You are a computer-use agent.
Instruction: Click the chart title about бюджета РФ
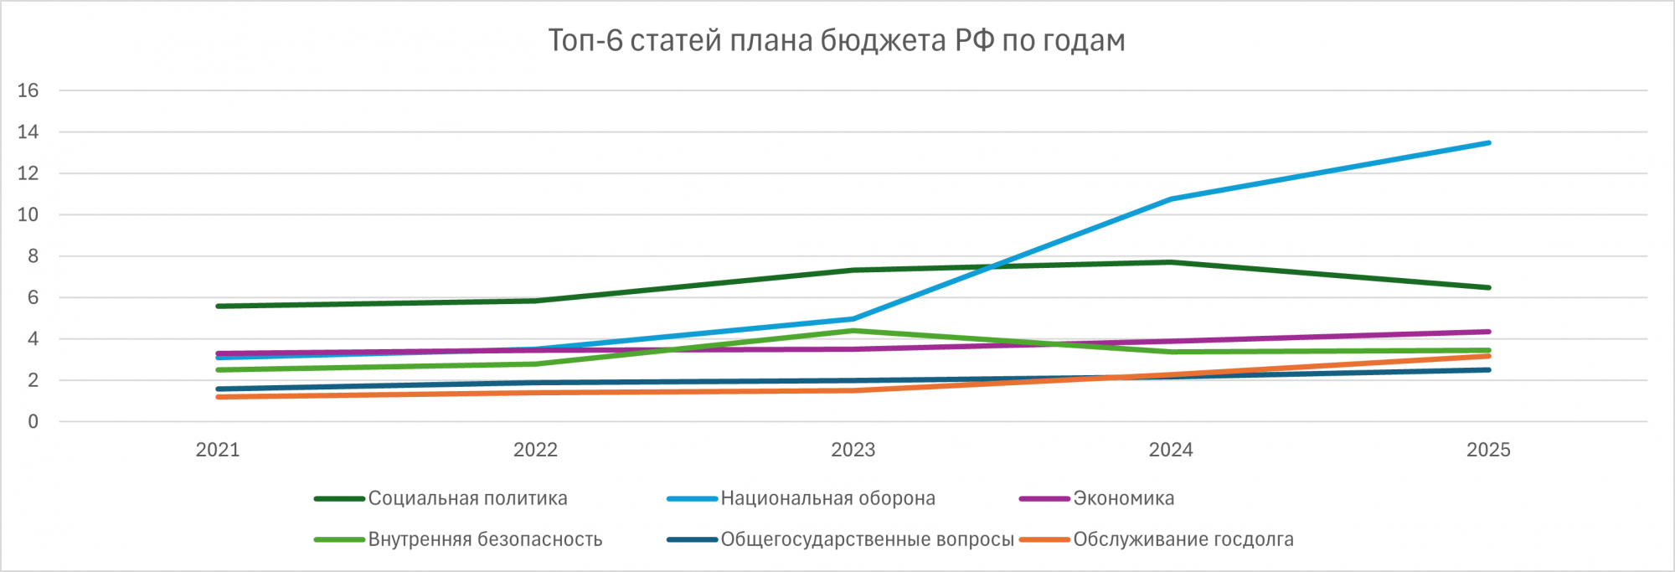click(836, 41)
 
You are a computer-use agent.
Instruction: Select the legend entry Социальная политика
click(467, 498)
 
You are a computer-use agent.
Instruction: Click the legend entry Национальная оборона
click(827, 498)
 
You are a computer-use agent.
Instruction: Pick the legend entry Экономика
click(1123, 498)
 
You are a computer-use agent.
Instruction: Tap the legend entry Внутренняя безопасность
click(485, 539)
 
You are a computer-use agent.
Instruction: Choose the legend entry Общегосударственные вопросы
click(867, 539)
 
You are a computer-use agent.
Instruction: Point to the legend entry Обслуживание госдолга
click(1183, 539)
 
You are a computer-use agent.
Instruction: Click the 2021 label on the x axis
click(218, 450)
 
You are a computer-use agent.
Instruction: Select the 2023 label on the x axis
click(853, 450)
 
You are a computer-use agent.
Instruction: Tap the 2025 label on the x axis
click(1488, 450)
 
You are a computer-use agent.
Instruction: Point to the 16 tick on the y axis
click(28, 90)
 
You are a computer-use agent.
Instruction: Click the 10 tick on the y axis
click(28, 214)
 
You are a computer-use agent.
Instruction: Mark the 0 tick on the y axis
click(33, 421)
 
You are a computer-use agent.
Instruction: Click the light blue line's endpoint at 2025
click(1488, 143)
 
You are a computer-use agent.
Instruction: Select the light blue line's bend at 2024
click(1171, 199)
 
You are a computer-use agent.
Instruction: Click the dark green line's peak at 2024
click(1171, 262)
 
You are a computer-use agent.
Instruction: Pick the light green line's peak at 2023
click(853, 331)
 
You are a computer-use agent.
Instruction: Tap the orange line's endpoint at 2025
click(1488, 356)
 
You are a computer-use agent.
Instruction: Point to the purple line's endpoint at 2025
click(1488, 332)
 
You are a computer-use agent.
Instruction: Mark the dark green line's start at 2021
click(218, 307)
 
